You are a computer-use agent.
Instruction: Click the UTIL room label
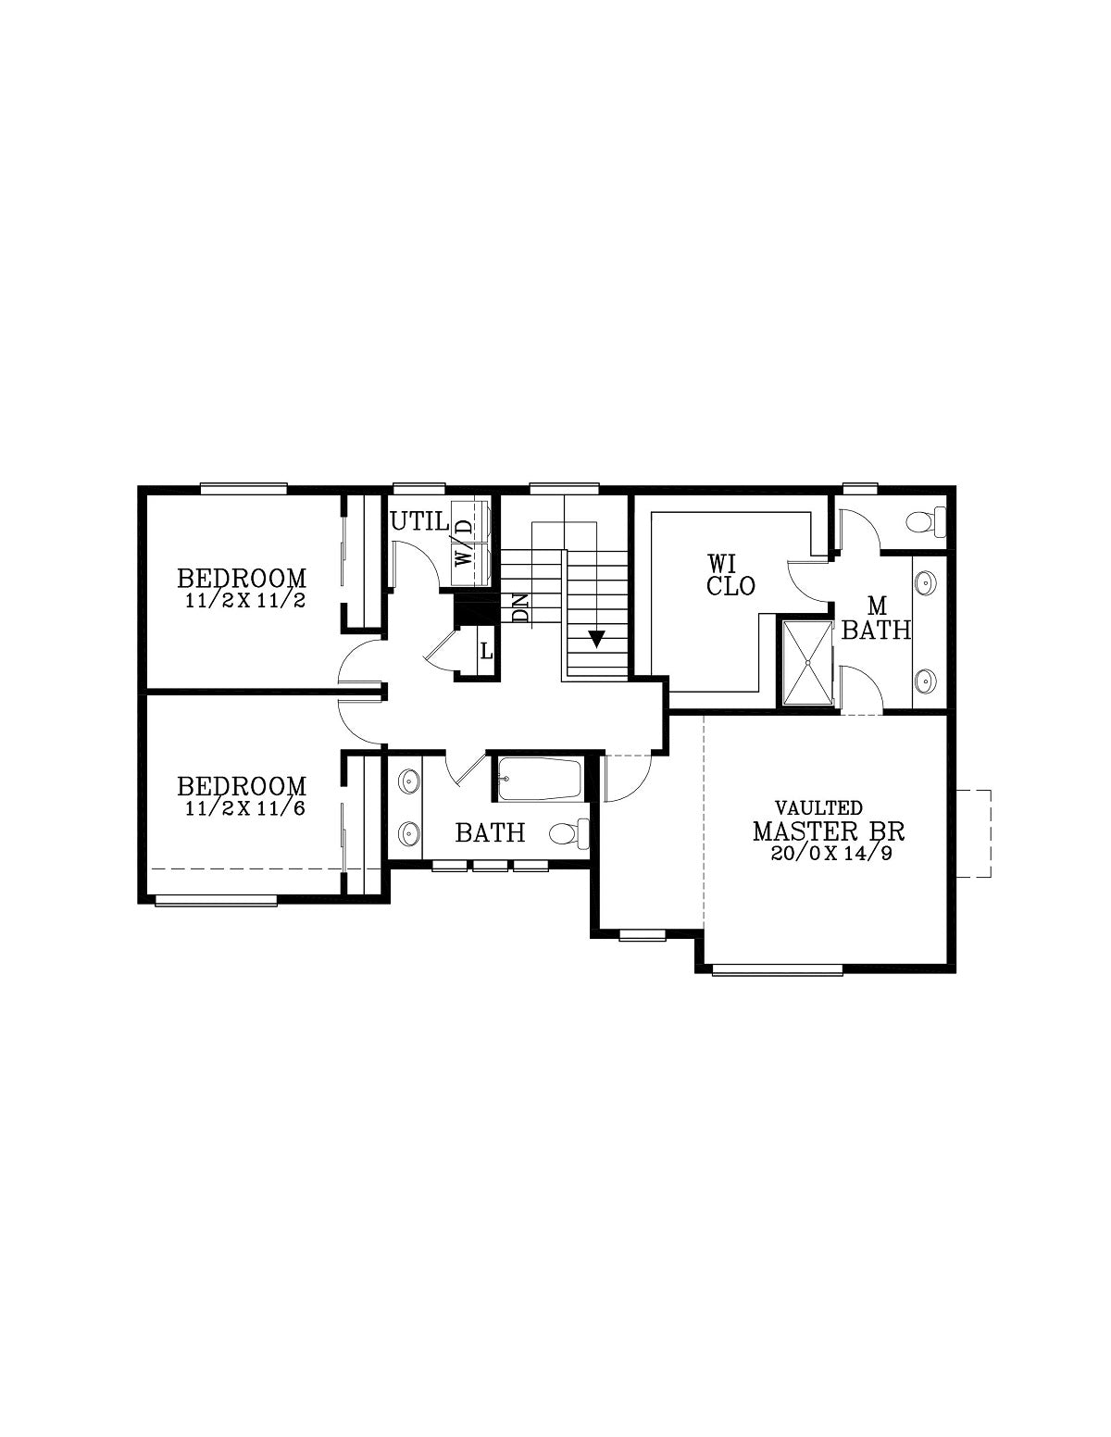[419, 522]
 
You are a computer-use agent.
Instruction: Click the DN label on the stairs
[521, 607]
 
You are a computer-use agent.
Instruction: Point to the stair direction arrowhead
[596, 639]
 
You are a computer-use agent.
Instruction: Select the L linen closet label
[486, 652]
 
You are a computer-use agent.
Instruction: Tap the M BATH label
[877, 619]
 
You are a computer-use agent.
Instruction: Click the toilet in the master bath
[927, 522]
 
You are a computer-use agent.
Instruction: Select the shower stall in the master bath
[807, 662]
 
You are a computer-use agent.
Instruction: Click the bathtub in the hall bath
[540, 779]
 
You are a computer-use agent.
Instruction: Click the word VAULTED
[818, 807]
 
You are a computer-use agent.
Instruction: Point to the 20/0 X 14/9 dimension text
[831, 853]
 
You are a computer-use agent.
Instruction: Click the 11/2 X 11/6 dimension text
[245, 808]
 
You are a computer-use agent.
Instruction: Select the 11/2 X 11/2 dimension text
[245, 601]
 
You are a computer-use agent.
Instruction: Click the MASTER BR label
[828, 831]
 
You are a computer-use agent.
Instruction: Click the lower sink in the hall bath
[410, 831]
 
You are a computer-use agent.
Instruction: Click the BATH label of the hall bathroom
[490, 832]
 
